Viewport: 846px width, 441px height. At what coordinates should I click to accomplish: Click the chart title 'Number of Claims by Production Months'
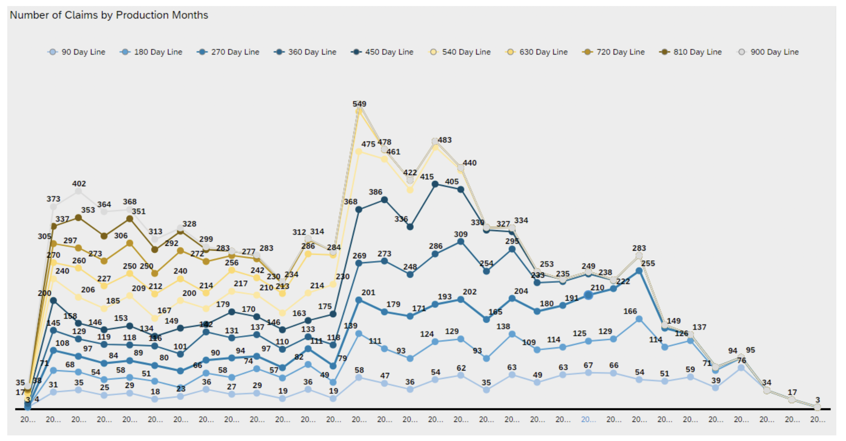click(x=109, y=15)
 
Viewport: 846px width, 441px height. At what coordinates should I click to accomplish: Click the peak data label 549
click(x=359, y=104)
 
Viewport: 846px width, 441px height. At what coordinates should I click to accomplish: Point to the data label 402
click(x=79, y=183)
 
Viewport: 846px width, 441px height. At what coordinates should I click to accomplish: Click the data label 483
click(x=445, y=140)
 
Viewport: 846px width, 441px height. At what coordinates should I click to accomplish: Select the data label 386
click(x=375, y=192)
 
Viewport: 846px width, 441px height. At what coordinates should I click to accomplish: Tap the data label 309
click(x=460, y=234)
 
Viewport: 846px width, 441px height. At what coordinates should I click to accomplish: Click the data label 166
click(x=630, y=311)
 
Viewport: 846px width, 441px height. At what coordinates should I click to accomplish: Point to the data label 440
click(x=469, y=163)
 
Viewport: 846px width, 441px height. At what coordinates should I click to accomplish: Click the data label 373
click(x=53, y=199)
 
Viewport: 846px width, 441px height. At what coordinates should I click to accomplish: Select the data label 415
click(x=427, y=177)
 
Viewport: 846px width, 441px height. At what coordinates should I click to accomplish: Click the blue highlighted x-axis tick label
click(x=588, y=419)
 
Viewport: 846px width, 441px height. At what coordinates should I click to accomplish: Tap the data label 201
click(x=368, y=293)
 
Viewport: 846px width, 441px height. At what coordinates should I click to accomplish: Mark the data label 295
click(x=512, y=241)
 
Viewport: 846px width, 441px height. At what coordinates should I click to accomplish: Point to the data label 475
click(x=368, y=144)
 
